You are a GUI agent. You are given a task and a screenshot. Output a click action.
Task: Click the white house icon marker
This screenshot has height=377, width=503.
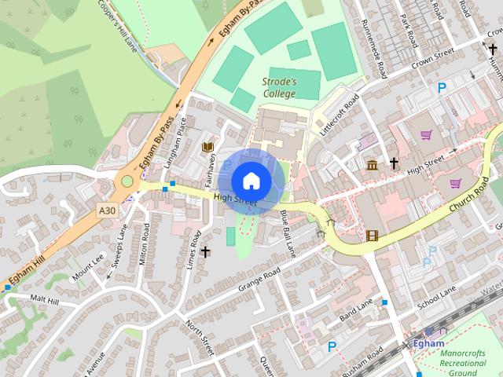point(251,181)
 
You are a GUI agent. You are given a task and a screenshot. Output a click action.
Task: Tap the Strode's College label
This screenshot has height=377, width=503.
point(279,87)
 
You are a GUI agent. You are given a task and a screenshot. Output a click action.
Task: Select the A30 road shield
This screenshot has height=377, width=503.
point(108,210)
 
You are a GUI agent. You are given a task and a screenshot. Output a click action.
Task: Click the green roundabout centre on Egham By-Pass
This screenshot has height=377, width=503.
point(126,182)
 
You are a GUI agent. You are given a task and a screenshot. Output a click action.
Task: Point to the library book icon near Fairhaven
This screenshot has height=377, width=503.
point(208,147)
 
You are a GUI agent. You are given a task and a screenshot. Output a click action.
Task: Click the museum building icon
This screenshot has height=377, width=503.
point(372,164)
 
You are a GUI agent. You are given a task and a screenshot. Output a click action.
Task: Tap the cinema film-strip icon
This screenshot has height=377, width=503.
point(372,236)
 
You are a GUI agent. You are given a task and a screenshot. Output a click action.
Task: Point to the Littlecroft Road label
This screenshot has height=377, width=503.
point(339,113)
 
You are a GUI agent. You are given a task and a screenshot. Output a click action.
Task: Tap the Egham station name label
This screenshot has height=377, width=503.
point(429,343)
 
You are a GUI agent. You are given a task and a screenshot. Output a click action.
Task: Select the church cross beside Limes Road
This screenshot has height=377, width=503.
point(206,251)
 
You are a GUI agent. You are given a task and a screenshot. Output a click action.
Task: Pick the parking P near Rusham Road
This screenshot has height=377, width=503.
point(332,346)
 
